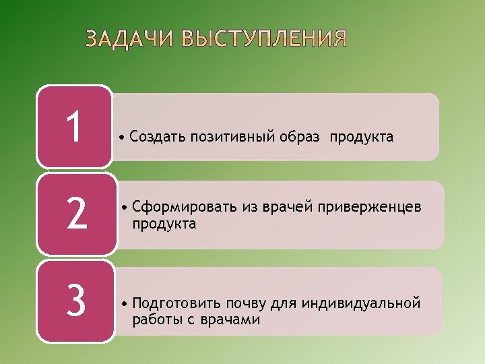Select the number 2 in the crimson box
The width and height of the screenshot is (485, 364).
77,215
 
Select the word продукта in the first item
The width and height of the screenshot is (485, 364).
361,137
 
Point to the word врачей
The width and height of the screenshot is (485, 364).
276,208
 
